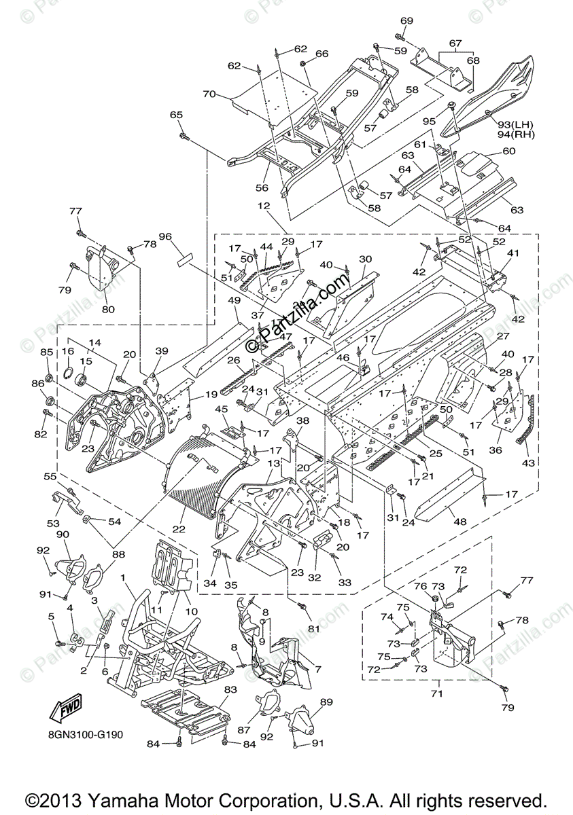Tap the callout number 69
406,21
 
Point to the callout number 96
165,237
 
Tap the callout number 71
436,693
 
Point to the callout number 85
46,352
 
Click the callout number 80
107,310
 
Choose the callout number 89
326,702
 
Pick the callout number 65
176,115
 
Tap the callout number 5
52,616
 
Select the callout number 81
313,629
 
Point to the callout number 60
508,151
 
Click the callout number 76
421,586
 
